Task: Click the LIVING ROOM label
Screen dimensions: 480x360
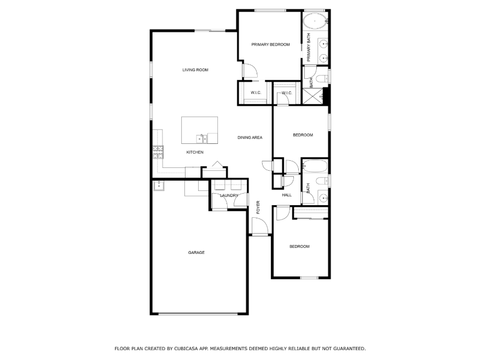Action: pos(195,70)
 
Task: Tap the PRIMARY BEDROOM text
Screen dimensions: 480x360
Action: pos(270,44)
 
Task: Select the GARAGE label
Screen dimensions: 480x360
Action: pos(196,253)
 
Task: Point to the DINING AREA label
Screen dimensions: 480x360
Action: pos(250,137)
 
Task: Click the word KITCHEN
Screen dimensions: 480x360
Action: pos(195,152)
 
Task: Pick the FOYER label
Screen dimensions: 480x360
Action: pos(258,207)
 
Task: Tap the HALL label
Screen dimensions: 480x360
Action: pos(287,195)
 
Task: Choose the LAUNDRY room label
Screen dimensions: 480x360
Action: pos(229,195)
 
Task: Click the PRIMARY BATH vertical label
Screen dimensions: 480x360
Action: pos(309,47)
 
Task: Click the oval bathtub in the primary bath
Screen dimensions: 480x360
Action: pos(315,21)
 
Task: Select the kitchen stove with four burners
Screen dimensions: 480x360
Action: pos(158,152)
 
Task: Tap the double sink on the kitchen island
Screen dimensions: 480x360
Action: pos(201,138)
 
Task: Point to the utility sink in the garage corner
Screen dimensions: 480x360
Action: pos(159,185)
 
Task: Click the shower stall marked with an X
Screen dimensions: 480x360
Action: pos(313,96)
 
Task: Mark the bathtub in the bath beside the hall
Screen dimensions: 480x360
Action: pos(315,166)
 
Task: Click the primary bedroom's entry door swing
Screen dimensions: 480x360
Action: pos(250,71)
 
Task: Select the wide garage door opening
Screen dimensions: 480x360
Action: pos(198,314)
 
